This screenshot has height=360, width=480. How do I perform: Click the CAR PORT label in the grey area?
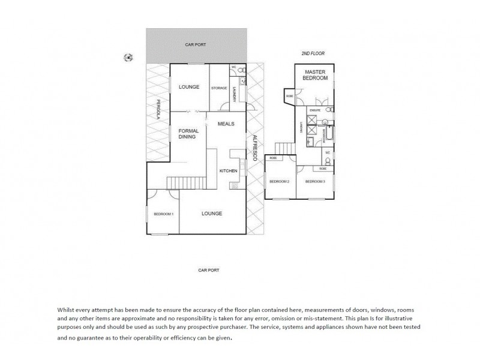(197, 45)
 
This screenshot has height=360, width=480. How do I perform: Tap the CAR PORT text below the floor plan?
(209, 270)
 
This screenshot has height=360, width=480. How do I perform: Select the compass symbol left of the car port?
(128, 58)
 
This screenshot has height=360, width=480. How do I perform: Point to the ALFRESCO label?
(254, 147)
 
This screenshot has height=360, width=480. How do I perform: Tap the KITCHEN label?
(229, 171)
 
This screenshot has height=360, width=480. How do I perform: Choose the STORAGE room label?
(218, 88)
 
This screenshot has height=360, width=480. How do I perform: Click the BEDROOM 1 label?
(163, 214)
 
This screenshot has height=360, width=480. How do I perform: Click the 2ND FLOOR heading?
(313, 53)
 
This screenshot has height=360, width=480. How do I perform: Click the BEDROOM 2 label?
(279, 181)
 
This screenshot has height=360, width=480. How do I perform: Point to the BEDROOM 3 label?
(315, 181)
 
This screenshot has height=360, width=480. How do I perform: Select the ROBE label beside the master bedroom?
(289, 96)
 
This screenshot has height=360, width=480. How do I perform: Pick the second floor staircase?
(283, 148)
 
